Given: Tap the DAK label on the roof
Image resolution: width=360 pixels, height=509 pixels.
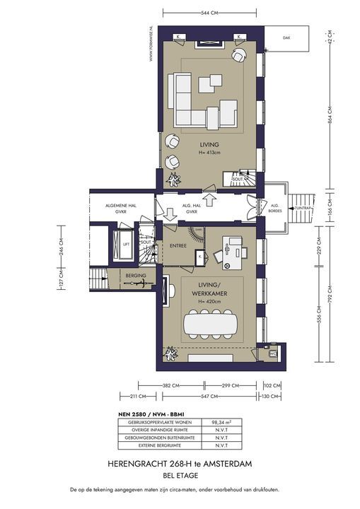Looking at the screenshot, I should pos(286,38).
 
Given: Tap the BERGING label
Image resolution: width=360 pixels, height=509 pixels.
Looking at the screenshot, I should pos(136,274).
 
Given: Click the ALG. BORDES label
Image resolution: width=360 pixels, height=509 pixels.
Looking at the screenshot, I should pos(275,208).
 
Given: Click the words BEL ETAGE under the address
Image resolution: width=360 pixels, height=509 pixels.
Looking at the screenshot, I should pos(180,475).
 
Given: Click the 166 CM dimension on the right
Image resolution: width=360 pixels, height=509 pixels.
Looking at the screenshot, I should pos(329,210).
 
